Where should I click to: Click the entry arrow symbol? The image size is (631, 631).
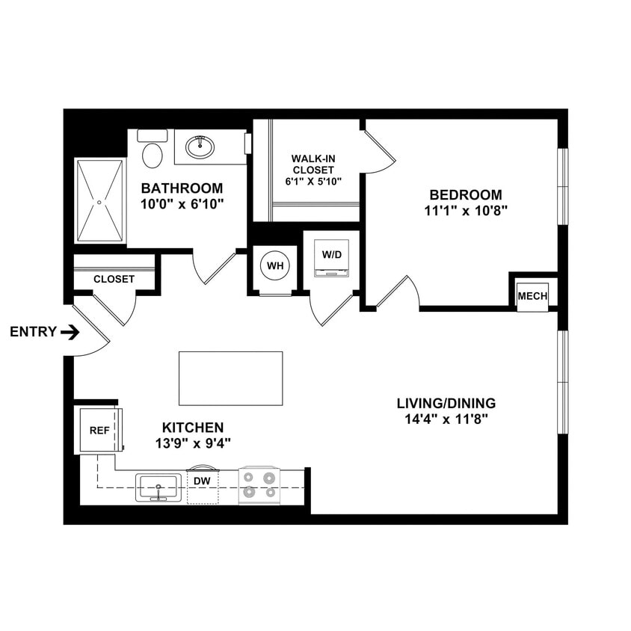coord(70,332)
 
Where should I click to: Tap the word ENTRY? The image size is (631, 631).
coord(33,332)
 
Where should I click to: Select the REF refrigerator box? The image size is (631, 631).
coord(99,431)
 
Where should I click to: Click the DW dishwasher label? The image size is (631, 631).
coord(202,481)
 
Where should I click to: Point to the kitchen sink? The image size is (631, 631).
coord(158,487)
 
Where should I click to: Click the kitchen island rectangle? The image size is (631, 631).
coord(230,378)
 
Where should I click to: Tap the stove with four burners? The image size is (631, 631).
coord(259,484)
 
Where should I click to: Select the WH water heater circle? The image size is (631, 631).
coord(275,266)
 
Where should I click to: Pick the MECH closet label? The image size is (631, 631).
coord(533,297)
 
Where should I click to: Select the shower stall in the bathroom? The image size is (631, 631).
coord(99,200)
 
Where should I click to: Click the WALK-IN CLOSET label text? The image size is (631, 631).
coord(313,164)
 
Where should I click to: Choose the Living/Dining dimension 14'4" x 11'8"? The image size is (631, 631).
coord(446,419)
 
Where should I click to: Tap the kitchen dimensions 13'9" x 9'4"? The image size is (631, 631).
coord(192,443)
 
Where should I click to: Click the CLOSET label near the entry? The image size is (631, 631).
coord(114,280)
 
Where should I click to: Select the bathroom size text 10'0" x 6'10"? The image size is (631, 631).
coord(182,203)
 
